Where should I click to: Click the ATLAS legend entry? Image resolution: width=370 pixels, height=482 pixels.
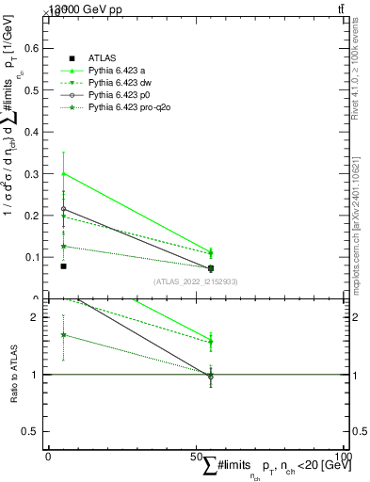102,59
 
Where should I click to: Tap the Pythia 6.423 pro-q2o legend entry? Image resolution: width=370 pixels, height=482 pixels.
130,108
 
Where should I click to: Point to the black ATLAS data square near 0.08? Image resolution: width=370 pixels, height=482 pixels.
63,266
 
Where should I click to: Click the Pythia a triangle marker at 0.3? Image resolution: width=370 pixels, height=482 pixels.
63,173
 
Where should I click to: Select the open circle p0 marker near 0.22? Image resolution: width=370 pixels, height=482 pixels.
63,209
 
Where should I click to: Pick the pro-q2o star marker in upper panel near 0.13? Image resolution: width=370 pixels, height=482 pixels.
63,246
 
